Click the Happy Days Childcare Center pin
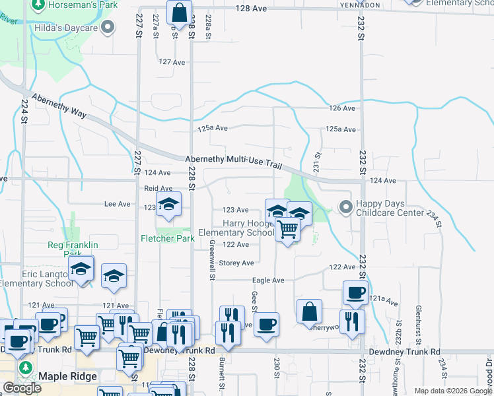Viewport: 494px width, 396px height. click(345, 207)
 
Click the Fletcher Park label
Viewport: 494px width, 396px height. click(167, 238)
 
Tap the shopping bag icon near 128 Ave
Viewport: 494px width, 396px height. click(179, 12)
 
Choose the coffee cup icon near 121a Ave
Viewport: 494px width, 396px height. click(355, 292)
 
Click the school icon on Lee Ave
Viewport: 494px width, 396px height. click(168, 203)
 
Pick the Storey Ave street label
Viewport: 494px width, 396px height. click(237, 263)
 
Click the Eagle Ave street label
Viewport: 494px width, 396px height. click(269, 280)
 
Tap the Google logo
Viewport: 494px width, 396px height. click(22, 388)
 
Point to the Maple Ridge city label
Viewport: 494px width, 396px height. click(68, 376)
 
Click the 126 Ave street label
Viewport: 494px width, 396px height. click(343, 108)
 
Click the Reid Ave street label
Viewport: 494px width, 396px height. click(159, 189)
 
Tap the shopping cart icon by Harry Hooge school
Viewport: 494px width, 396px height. click(287, 230)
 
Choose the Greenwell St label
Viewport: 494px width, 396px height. click(212, 259)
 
